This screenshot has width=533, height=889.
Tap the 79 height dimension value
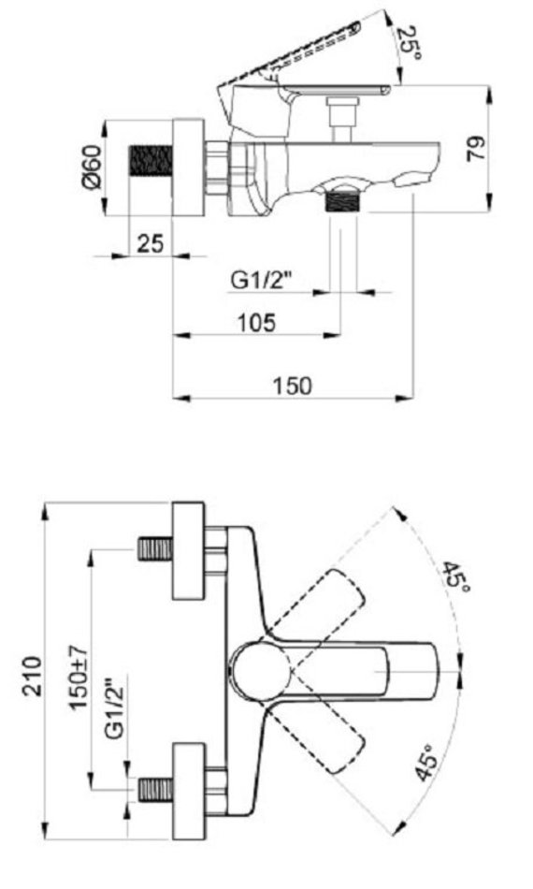476,149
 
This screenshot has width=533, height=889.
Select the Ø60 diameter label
92,167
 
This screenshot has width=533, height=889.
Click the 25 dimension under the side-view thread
151,243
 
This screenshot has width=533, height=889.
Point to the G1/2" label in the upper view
262,280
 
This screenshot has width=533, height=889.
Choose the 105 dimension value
256,323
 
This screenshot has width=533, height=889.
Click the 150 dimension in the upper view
293,386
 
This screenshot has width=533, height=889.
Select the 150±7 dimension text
79,677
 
